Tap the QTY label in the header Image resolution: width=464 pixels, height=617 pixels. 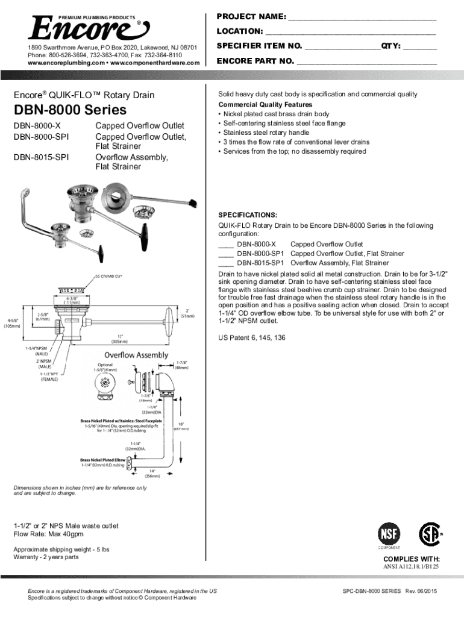389,46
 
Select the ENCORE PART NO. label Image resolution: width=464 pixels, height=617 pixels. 255,61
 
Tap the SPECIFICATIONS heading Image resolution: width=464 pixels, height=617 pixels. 247,215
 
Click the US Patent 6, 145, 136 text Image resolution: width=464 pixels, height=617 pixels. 252,337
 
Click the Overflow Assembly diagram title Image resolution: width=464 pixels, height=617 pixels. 136,354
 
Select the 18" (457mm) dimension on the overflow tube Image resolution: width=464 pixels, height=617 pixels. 181,425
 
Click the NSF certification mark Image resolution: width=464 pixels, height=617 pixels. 388,533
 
